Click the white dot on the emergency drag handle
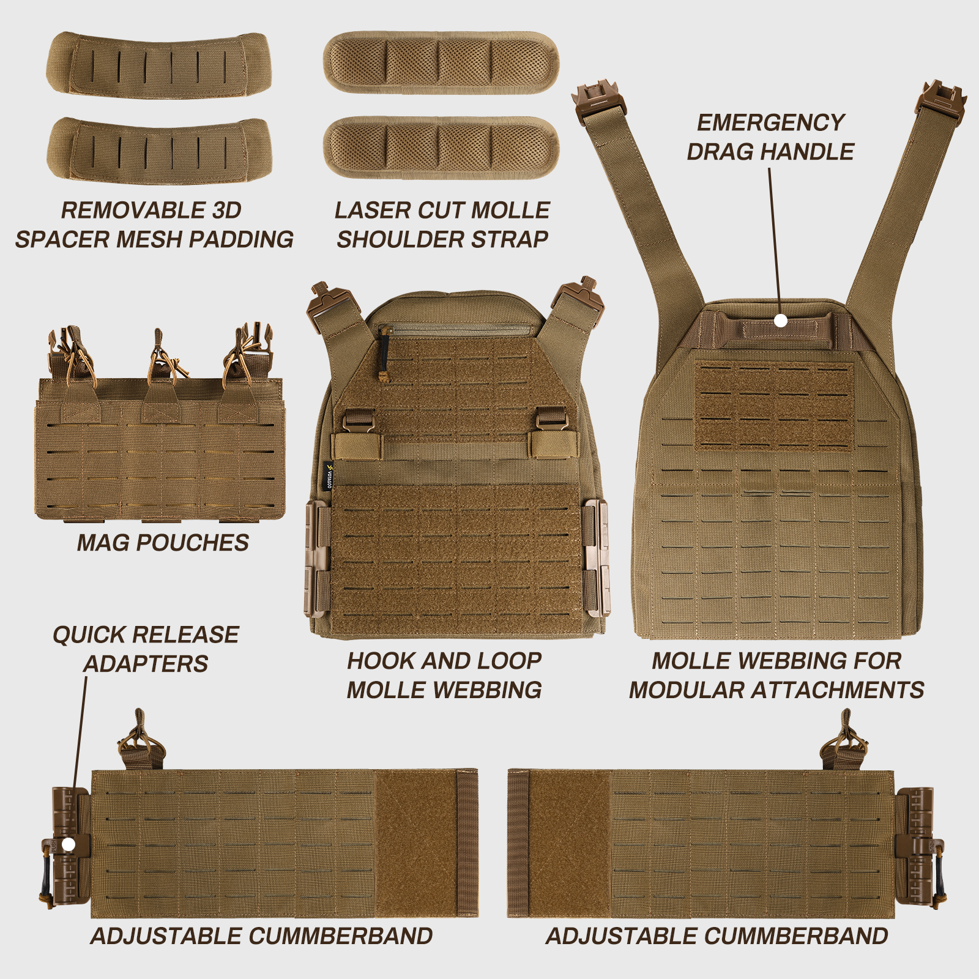pos(781,320)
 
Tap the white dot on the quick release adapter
pos(69,844)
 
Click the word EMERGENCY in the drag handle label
pos(771,123)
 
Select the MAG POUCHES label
pos(163,543)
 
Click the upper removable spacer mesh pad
pos(159,64)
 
